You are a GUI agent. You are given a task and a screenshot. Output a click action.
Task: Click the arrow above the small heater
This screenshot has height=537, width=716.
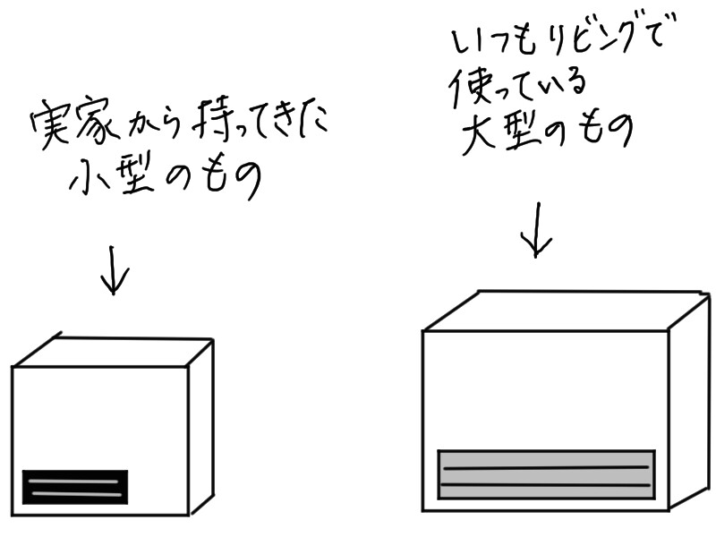coord(114,268)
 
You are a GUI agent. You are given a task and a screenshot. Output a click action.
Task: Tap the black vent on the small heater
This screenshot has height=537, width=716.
coord(74,487)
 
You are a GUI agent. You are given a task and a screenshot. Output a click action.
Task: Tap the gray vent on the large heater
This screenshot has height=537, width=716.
coord(546,474)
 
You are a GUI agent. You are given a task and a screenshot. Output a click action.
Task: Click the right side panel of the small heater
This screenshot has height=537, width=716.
coord(201,425)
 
